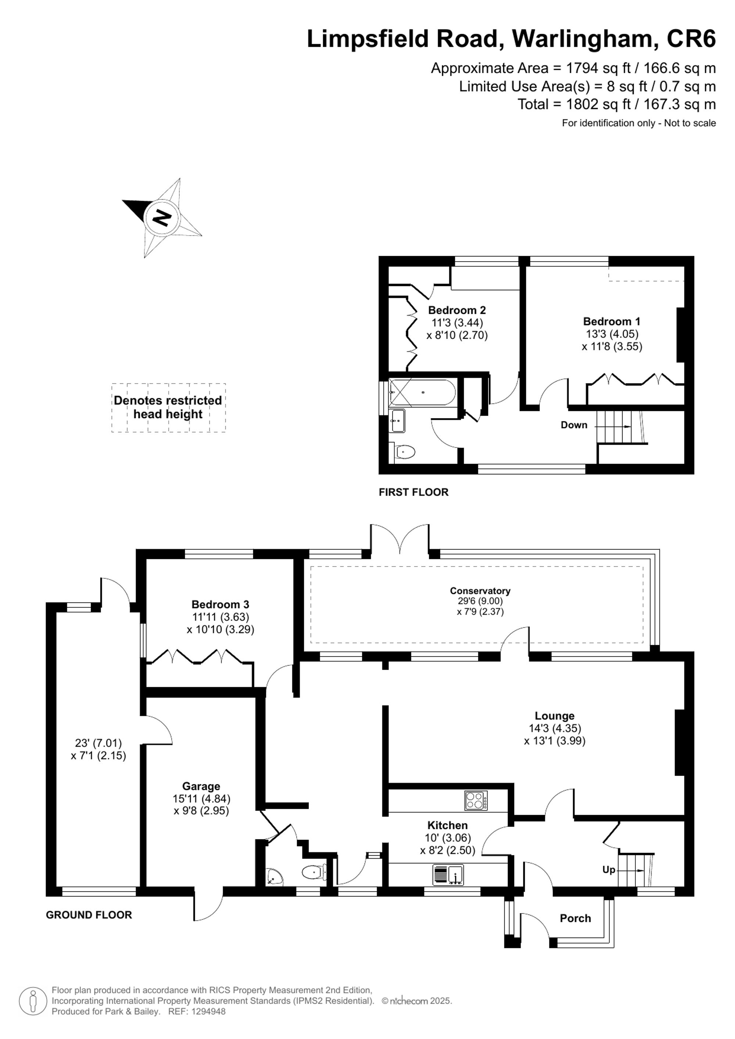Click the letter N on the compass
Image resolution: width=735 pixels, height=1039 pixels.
point(162,218)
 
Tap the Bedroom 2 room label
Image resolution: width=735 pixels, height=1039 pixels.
point(457,310)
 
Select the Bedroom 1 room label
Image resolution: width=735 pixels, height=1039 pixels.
point(612,321)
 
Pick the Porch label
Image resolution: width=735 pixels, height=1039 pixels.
point(575,918)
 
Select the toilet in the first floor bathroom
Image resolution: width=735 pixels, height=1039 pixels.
point(405,451)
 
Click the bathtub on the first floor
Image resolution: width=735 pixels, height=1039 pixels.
point(422,392)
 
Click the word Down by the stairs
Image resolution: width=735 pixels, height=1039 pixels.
point(574,425)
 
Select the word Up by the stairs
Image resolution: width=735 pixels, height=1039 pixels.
point(608,869)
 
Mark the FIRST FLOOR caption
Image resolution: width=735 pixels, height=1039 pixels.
point(413,492)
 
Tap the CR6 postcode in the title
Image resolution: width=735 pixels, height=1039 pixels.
point(691,39)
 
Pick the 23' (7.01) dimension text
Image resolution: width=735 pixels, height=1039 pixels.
point(98,743)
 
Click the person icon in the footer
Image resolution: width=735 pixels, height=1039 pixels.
point(33,1001)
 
